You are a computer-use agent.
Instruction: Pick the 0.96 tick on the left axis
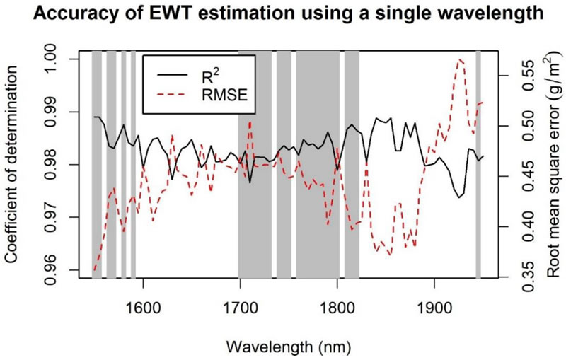61,270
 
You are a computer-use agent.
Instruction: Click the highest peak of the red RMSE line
461,61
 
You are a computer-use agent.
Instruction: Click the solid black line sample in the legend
173,74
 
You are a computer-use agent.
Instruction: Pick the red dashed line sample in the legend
173,96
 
